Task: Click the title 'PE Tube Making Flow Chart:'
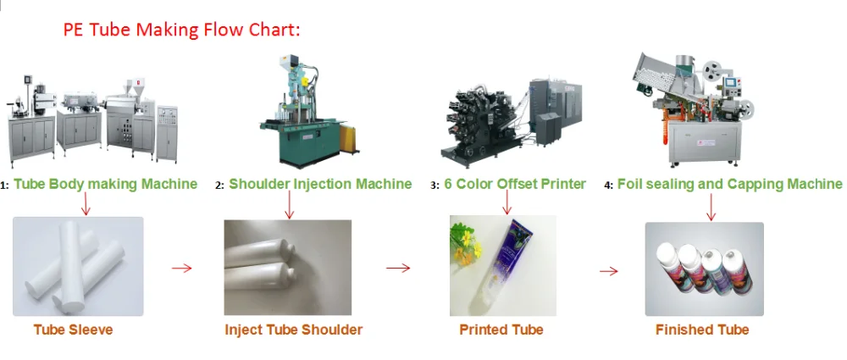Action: click(x=182, y=30)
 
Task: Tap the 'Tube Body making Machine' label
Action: click(x=105, y=184)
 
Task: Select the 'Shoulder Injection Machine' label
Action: click(x=320, y=184)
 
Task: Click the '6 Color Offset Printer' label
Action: click(x=514, y=184)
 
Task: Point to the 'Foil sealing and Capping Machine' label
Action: click(x=729, y=184)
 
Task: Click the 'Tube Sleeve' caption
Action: click(x=73, y=330)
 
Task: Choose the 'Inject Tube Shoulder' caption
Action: click(x=293, y=330)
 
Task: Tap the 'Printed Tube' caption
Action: click(x=501, y=330)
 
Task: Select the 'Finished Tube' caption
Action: click(x=702, y=330)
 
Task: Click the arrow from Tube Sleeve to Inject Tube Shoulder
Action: click(x=181, y=269)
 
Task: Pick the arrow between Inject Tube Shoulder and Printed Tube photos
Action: click(x=397, y=269)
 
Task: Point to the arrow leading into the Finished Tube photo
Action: click(x=608, y=271)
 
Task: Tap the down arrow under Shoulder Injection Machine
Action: click(x=290, y=205)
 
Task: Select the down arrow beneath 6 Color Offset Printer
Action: click(x=507, y=203)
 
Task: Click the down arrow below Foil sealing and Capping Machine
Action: click(x=711, y=207)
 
